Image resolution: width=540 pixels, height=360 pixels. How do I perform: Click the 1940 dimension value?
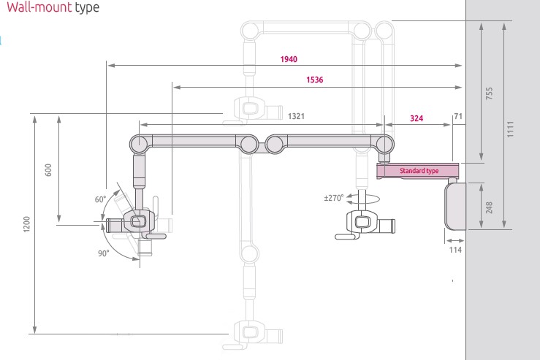tap(289, 59)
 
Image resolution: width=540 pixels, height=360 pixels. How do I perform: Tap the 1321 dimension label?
tap(296, 116)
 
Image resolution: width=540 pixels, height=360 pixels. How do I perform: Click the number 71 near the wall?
tap(458, 116)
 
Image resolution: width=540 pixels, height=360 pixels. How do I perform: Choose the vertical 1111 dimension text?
tap(512, 129)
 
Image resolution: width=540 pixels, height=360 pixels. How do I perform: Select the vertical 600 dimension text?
tap(48, 169)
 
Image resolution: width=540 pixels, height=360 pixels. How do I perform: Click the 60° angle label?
tap(100, 199)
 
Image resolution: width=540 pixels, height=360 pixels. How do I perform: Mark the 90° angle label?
tap(103, 253)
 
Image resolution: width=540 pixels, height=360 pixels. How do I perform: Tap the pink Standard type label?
tap(418, 171)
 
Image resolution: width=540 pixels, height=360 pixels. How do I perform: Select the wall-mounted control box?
tap(455, 205)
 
